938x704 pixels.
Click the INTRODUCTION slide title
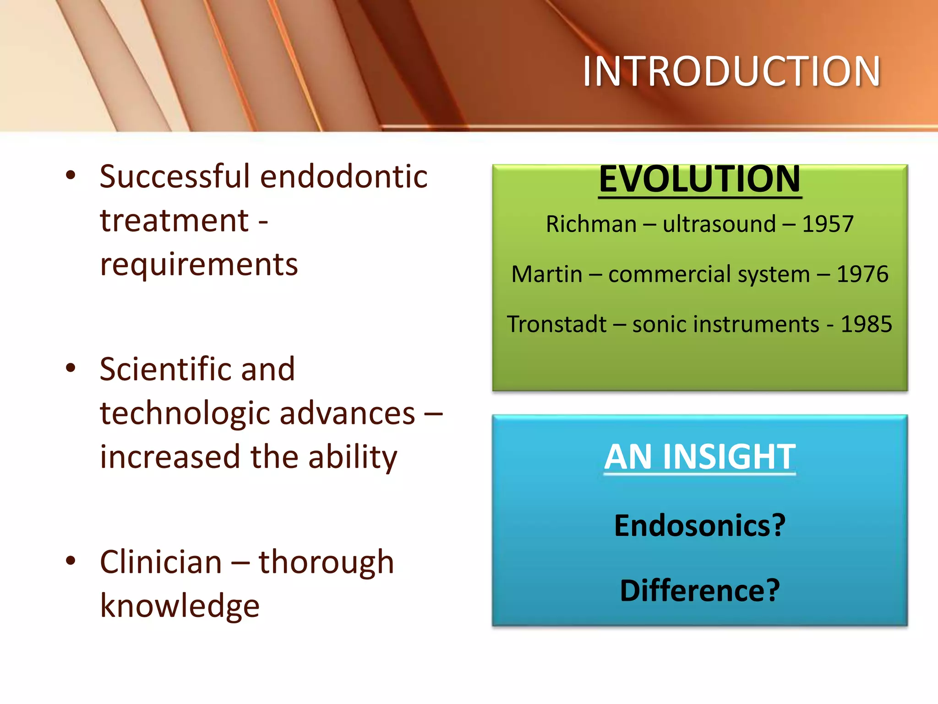point(731,71)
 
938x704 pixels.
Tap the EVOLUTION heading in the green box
point(699,180)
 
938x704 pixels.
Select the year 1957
point(828,225)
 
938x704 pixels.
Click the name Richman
point(591,225)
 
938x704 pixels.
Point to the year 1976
point(862,275)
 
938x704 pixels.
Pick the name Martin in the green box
point(546,275)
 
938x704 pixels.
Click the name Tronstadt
point(556,324)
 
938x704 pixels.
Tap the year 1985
point(867,324)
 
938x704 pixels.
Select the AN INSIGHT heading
point(699,457)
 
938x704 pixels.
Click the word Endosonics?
point(699,525)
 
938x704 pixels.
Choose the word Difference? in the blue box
point(699,590)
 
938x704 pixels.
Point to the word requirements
point(199,265)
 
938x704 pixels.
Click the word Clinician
point(161,562)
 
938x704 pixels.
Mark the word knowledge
point(180,606)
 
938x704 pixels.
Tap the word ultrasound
point(719,225)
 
